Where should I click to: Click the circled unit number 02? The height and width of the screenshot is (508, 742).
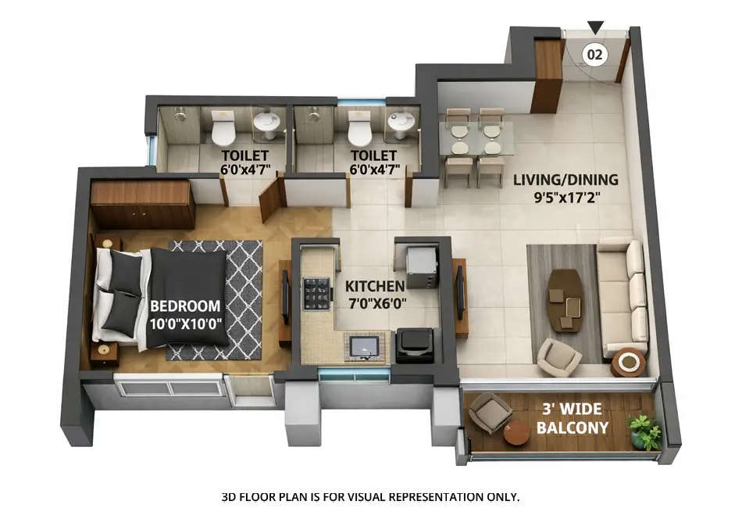click(595, 54)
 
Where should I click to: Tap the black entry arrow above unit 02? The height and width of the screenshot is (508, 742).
click(595, 28)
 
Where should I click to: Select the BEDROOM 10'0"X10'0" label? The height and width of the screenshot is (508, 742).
click(185, 314)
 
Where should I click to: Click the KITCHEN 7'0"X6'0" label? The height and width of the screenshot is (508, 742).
click(375, 295)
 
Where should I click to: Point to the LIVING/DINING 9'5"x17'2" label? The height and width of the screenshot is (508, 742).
click(565, 188)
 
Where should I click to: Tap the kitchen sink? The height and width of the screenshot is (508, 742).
click(364, 347)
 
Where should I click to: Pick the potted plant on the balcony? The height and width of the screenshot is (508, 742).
click(645, 431)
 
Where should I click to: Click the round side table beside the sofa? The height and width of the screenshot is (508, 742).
click(628, 362)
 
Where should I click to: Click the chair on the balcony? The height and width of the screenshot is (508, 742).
click(490, 412)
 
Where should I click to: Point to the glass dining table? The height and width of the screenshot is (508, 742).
click(475, 138)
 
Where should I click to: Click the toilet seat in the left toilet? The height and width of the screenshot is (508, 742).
click(223, 128)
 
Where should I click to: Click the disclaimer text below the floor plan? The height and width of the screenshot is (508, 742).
click(370, 496)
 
